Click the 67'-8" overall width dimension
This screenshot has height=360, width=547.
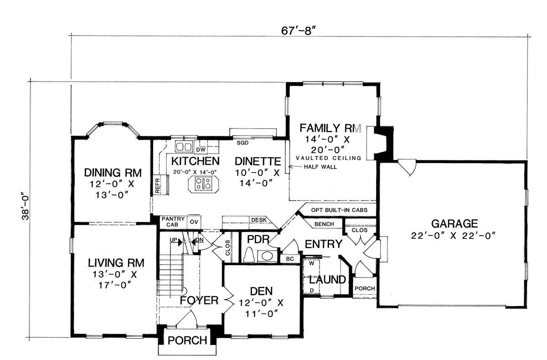(x=299, y=31)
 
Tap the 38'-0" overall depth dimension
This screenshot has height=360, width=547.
(x=26, y=207)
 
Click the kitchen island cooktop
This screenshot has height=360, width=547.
(x=203, y=184)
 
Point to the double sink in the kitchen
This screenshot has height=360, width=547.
(x=184, y=147)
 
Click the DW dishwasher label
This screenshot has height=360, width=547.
(x=201, y=149)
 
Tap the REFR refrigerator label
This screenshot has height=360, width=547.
(x=157, y=186)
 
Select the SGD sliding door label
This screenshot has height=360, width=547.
(x=243, y=143)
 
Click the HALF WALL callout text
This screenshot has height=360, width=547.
(x=320, y=167)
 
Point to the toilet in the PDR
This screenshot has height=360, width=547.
(x=249, y=255)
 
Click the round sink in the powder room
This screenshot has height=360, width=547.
(x=267, y=256)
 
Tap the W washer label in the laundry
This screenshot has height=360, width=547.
(x=311, y=263)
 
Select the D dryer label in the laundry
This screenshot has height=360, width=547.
(x=312, y=290)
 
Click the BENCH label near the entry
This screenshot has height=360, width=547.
(x=324, y=224)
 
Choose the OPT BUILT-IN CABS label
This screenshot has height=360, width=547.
(x=339, y=210)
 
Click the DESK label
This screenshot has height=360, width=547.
(x=259, y=220)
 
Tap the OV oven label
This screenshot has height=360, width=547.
(x=194, y=222)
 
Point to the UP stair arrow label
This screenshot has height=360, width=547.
(x=173, y=240)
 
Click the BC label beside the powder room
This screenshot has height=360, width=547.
(x=290, y=259)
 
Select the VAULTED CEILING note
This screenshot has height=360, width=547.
(x=329, y=158)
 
